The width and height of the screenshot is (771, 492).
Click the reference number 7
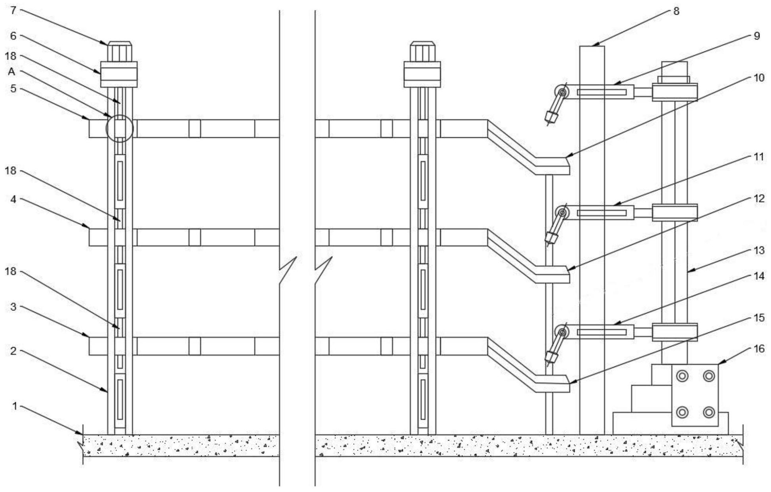click(x=13, y=10)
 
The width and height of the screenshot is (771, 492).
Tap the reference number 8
click(x=676, y=11)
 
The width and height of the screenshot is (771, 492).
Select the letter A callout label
click(x=11, y=72)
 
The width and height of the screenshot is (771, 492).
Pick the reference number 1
click(x=15, y=406)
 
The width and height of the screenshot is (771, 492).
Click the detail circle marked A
click(x=120, y=128)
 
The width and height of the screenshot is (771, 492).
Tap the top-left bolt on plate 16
click(x=682, y=376)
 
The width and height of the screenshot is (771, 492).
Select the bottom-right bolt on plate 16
click(x=708, y=412)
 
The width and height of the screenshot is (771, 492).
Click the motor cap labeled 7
click(x=119, y=51)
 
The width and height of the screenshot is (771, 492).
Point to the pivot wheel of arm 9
click(x=562, y=92)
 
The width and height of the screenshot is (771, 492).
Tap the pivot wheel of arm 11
click(x=562, y=213)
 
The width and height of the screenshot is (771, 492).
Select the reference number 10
click(x=758, y=78)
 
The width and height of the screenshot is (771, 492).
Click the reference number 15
click(x=758, y=318)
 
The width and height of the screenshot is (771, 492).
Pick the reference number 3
click(x=13, y=307)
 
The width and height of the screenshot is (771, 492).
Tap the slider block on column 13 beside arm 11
click(x=675, y=213)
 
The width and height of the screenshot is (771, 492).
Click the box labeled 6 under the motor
click(x=119, y=74)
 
